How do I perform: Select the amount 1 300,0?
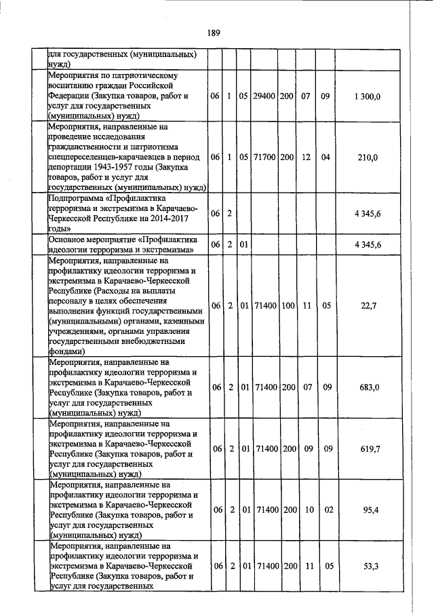[x=368, y=96]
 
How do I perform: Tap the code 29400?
[x=264, y=96]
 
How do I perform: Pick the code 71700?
[x=264, y=157]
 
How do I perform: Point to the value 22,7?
[x=369, y=305]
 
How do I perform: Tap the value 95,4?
[x=369, y=509]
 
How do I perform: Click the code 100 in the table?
[x=287, y=305]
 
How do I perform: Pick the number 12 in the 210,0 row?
[x=306, y=157]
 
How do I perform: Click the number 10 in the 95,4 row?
[x=306, y=509]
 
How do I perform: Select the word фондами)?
[x=66, y=351]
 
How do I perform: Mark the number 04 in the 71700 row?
[x=325, y=157]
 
